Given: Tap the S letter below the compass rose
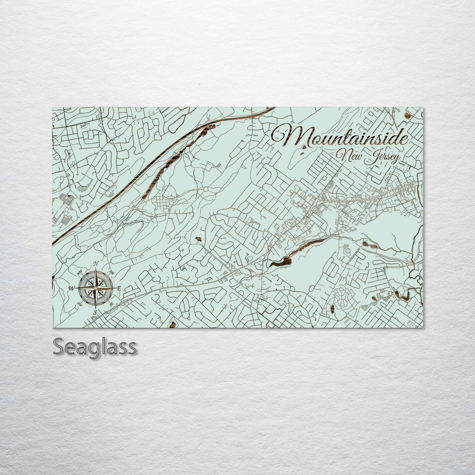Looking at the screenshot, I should [x=95, y=312].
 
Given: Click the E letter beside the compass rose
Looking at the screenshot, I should [x=119, y=288].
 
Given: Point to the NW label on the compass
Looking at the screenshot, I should [x=79, y=272].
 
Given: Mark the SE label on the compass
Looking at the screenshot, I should [x=111, y=304].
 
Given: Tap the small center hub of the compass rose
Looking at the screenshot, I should [x=95, y=288].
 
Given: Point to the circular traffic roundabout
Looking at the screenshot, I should [x=206, y=190].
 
